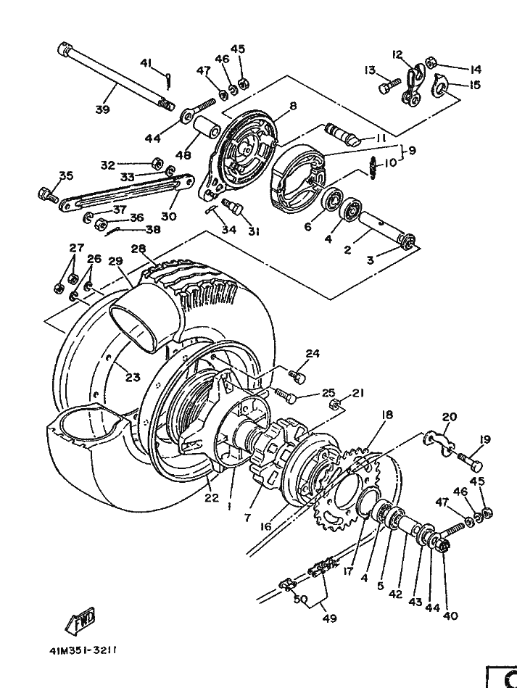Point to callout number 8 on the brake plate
pyautogui.click(x=293, y=106)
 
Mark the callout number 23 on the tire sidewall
pyautogui.click(x=132, y=377)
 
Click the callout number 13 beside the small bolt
pyautogui.click(x=371, y=70)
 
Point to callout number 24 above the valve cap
pyautogui.click(x=312, y=354)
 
